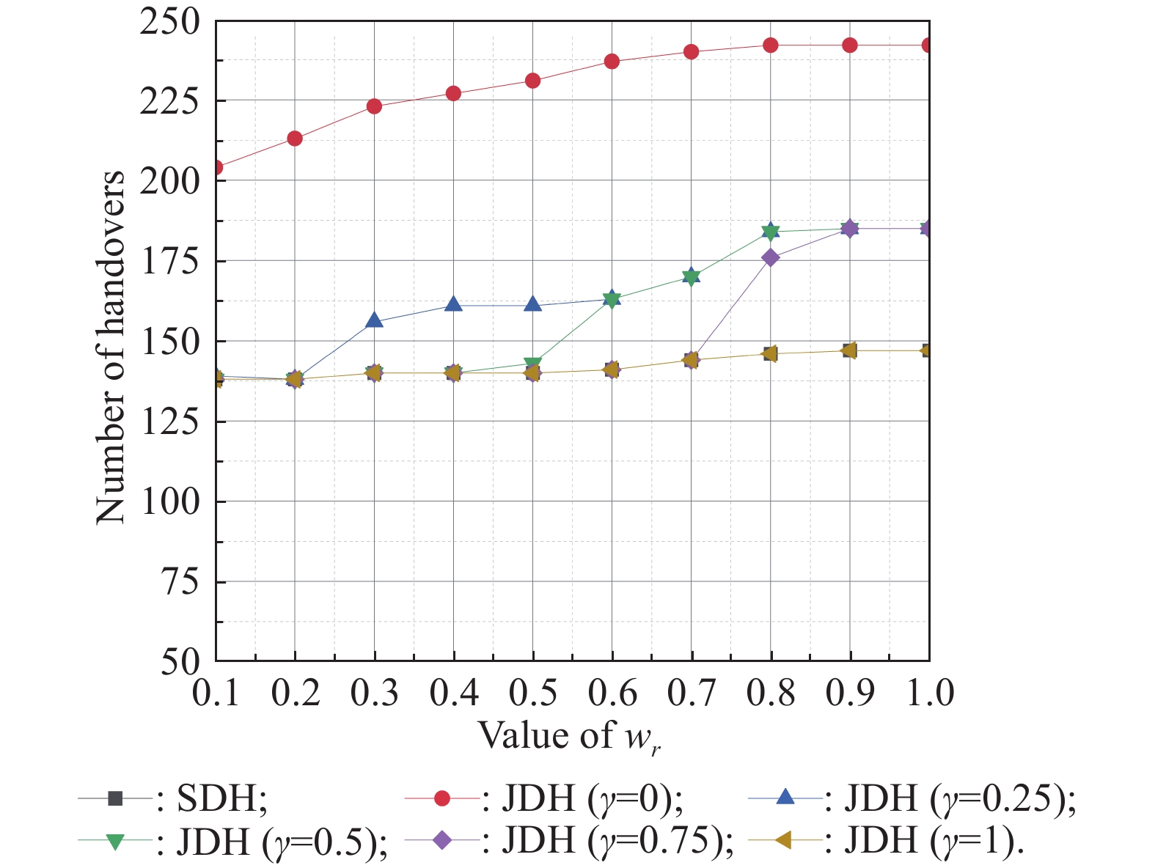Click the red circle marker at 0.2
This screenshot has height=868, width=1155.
coord(295,139)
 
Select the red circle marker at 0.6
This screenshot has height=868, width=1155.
coord(612,62)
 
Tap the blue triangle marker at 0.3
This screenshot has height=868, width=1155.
coord(375,320)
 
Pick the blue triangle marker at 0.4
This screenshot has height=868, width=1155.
coord(453,304)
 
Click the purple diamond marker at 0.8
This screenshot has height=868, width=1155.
coord(771,257)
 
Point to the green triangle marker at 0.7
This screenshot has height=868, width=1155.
coord(691,277)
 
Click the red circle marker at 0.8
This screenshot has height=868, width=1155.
coord(771,45)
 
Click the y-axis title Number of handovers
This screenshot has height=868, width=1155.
coord(110,347)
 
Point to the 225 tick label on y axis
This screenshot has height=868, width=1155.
coord(169,100)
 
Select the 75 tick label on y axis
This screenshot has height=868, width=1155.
coord(180,581)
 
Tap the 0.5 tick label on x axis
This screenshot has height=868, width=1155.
coord(533,693)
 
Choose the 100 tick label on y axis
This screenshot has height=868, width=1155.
coord(169,501)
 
